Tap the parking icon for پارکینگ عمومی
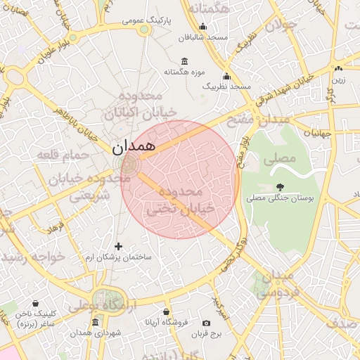click(144, 29)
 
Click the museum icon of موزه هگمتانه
click(184, 60)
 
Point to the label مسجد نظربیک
click(227, 86)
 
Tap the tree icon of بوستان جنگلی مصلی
click(281, 187)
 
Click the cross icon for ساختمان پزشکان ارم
click(118, 246)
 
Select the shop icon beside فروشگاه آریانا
click(166, 311)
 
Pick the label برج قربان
click(207, 334)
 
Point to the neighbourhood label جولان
click(283, 25)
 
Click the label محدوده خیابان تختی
click(174, 200)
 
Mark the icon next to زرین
click(339, 68)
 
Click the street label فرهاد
click(56, 229)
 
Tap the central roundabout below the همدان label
click(129, 165)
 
